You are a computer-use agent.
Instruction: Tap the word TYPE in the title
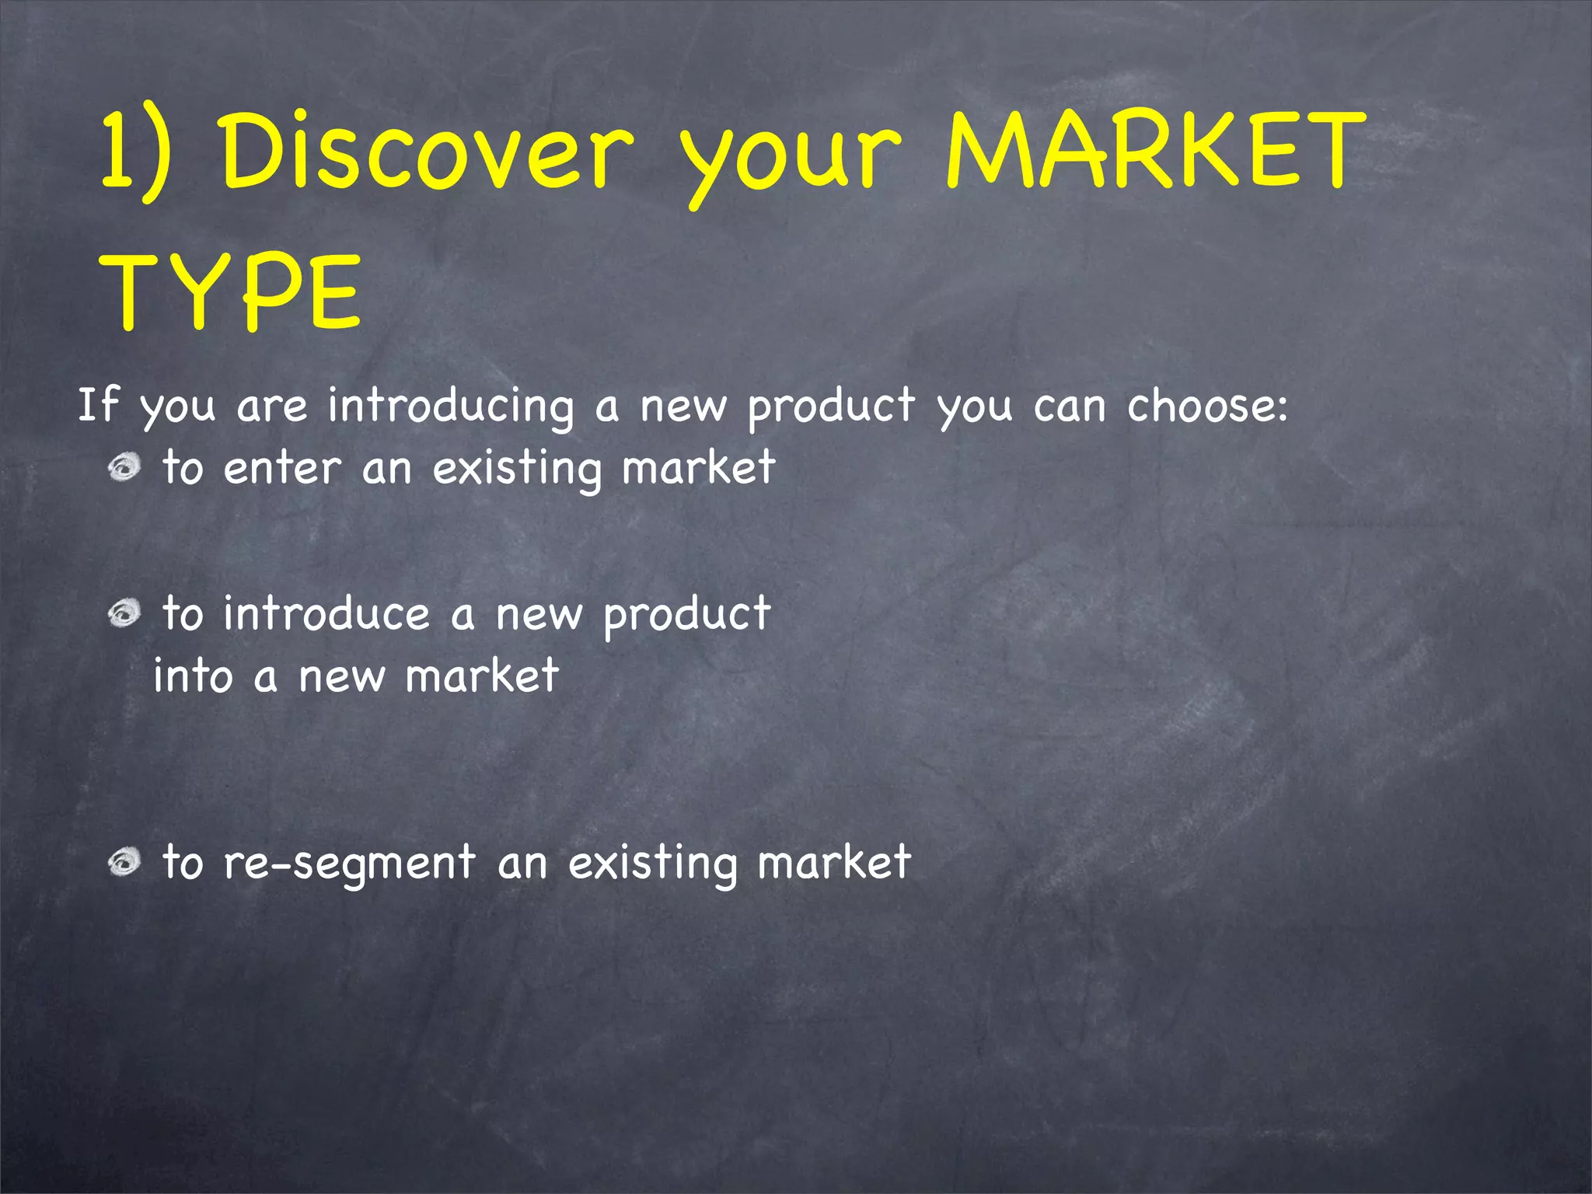coord(231,292)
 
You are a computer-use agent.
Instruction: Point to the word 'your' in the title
coord(791,159)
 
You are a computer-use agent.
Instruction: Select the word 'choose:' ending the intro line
coord(1207,405)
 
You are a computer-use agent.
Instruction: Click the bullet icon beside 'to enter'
coord(124,467)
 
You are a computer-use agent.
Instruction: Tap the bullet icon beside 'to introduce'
coord(124,613)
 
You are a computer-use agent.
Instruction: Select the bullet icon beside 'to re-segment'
coord(124,861)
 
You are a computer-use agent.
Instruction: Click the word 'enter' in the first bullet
coord(282,469)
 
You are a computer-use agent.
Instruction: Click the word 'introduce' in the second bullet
coord(326,614)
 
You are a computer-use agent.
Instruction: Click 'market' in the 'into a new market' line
coord(482,676)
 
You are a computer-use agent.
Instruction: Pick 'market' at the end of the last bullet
coord(833,863)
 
